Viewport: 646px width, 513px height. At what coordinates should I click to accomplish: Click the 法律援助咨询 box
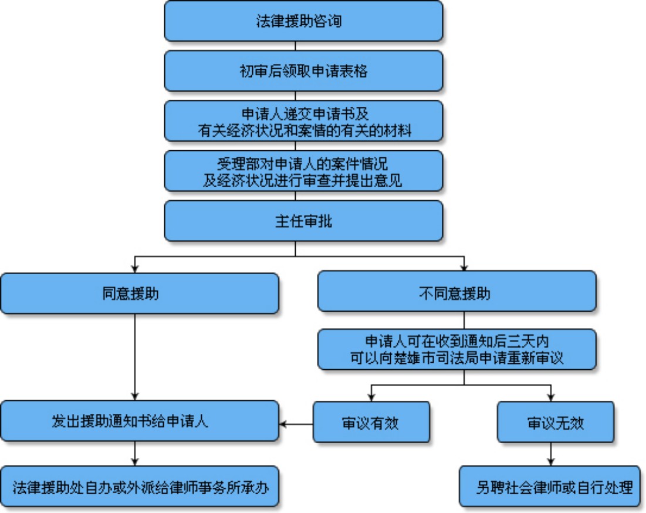(x=303, y=21)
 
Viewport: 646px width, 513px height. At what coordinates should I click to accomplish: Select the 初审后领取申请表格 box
(x=303, y=71)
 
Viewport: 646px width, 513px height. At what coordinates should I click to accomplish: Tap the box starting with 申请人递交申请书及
(x=303, y=121)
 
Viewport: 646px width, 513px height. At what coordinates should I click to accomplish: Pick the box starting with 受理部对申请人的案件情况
(x=303, y=171)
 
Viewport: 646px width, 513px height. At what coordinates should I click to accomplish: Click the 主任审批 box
(x=303, y=221)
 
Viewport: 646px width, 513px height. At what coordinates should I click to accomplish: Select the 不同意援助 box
(x=457, y=291)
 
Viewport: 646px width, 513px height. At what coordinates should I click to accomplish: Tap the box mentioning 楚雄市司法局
(x=457, y=349)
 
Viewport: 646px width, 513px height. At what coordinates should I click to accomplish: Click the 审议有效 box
(x=371, y=422)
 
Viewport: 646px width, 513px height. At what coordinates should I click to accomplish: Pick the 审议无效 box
(x=555, y=422)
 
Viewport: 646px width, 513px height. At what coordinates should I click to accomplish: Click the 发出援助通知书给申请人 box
(x=140, y=421)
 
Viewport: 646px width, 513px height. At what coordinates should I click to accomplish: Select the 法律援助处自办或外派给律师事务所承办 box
(x=140, y=487)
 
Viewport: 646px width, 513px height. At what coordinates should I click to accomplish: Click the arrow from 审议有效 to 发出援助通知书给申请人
(x=296, y=423)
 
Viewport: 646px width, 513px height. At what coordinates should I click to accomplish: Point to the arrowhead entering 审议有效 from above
(x=371, y=397)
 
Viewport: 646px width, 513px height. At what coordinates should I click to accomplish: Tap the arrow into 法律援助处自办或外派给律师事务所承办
(x=136, y=459)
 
